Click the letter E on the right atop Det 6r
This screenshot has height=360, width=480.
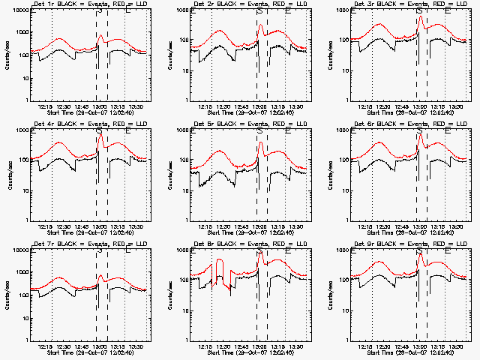[x=448, y=131]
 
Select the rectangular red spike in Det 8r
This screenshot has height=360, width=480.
[x=220, y=271]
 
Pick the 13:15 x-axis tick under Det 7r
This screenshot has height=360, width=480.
[x=118, y=346]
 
